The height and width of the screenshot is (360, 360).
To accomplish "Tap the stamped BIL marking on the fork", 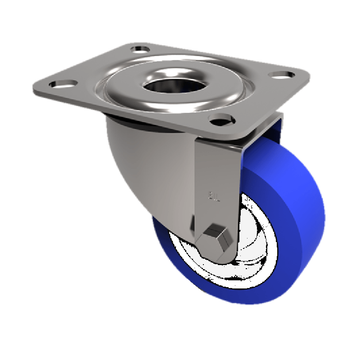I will [x=214, y=196].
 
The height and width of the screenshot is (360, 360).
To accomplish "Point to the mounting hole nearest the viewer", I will [x=220, y=119].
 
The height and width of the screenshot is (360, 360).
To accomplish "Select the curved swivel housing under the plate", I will [x=144, y=166].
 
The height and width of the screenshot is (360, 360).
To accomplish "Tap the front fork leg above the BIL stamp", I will [x=216, y=166].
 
